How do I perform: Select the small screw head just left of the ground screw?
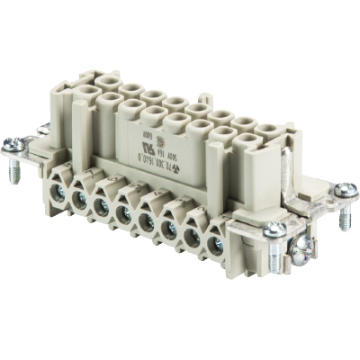click(274, 230)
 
